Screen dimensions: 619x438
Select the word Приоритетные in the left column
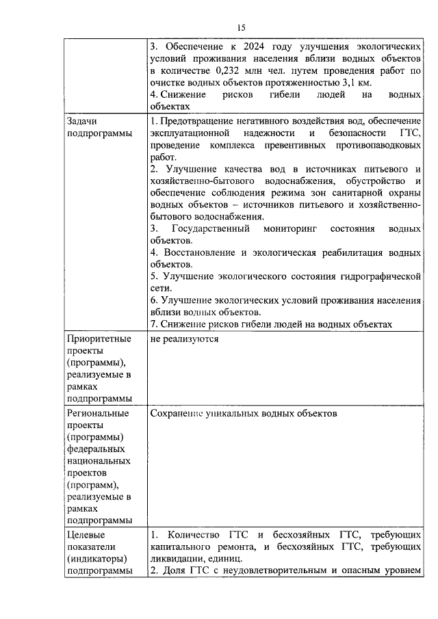(99, 338)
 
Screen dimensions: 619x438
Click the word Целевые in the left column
(87, 534)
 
